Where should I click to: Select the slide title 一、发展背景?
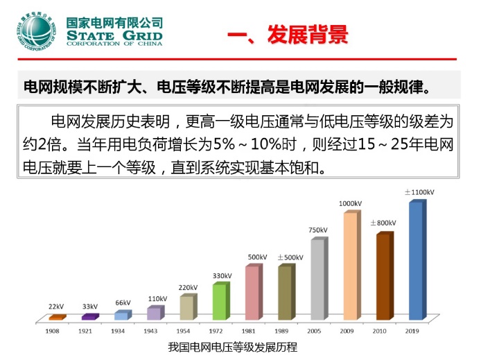(x=288, y=35)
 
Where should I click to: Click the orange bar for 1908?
(x=56, y=317)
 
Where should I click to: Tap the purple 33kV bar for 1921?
(x=89, y=316)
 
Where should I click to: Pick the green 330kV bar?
(x=219, y=301)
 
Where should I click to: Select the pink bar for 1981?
(x=252, y=293)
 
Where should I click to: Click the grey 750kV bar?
(x=317, y=279)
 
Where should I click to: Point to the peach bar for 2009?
(x=350, y=266)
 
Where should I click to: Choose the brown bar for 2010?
(x=383, y=276)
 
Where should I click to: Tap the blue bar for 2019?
(x=414, y=260)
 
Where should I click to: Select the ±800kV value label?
(x=383, y=223)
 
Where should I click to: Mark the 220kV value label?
(x=188, y=287)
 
